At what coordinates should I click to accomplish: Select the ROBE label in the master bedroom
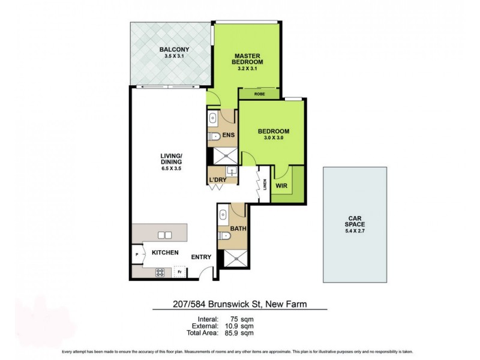pos(259,94)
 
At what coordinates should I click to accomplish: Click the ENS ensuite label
pos(228,135)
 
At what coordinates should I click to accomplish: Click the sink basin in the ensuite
pos(214,118)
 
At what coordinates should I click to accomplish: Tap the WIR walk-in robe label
pos(282,187)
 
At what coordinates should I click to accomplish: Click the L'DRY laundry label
pos(217,180)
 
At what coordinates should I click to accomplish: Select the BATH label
pos(237,227)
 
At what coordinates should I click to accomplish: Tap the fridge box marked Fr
pos(179,272)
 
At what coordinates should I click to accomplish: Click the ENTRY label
pos(200,257)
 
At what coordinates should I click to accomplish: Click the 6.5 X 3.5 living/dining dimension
pos(171,169)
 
